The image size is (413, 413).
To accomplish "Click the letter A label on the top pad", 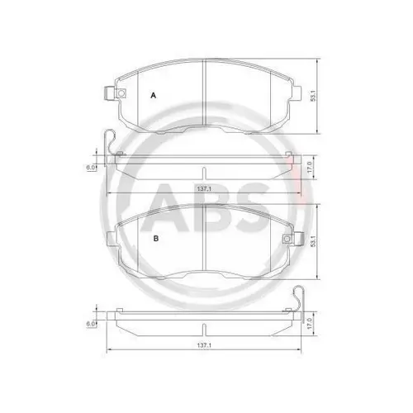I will [x=152, y=96].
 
